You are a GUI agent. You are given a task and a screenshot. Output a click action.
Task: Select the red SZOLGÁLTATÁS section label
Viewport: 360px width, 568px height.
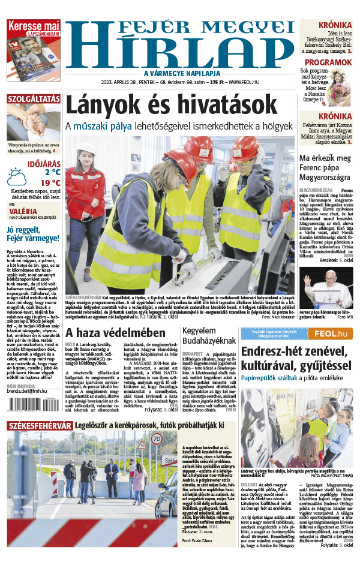[34, 99]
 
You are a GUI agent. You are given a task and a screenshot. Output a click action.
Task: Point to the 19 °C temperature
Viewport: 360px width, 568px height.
[50, 183]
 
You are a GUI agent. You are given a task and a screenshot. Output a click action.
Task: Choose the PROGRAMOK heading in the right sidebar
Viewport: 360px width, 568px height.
[328, 62]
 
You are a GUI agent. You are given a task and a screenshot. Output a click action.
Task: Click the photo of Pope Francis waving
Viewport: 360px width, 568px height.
[327, 288]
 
